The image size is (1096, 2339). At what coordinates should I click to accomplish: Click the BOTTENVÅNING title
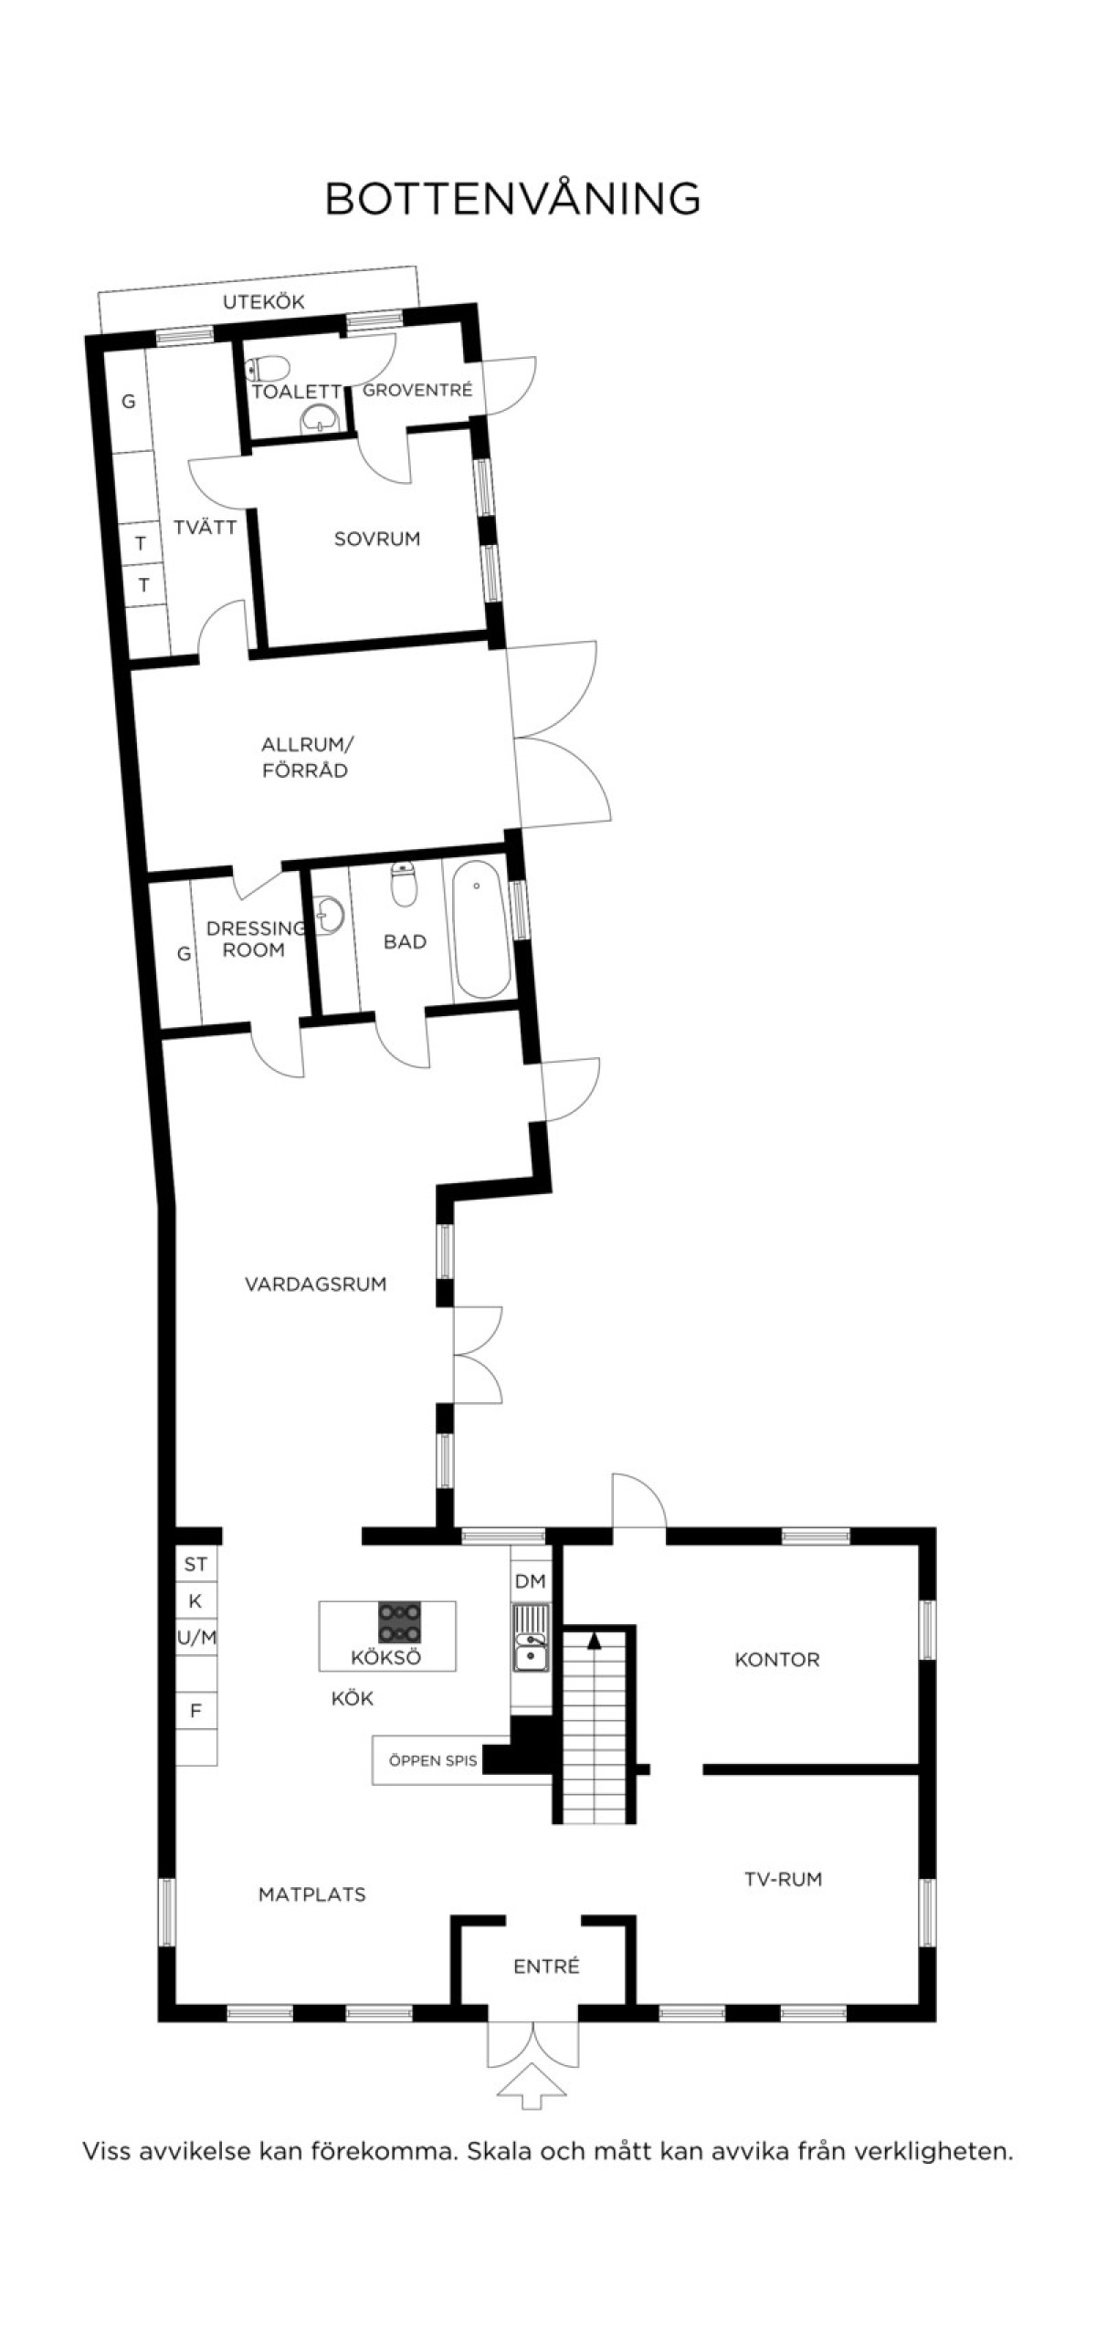(x=512, y=198)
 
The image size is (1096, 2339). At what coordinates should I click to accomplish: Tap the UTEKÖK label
(x=263, y=302)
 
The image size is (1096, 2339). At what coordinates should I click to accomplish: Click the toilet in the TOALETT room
(x=268, y=368)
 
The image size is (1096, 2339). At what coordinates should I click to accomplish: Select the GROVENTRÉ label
(x=417, y=390)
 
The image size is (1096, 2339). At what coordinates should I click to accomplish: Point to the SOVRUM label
(x=377, y=539)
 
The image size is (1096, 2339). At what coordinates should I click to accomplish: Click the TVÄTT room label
(x=205, y=527)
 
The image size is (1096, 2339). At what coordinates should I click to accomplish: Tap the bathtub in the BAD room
(x=480, y=929)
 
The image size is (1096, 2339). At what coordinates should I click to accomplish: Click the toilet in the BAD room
(x=403, y=884)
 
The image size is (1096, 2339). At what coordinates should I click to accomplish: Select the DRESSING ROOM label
(x=256, y=939)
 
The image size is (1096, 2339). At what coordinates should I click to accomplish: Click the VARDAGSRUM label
(x=315, y=1285)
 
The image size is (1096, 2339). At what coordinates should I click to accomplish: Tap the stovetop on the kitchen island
(x=399, y=1624)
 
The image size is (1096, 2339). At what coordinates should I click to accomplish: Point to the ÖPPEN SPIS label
(x=433, y=1761)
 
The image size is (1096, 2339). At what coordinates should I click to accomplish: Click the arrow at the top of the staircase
(x=594, y=1641)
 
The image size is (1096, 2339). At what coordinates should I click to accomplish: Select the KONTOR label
(x=777, y=1660)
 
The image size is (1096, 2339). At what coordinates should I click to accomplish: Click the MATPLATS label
(x=312, y=1894)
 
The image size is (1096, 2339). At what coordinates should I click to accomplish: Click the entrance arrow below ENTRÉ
(x=532, y=2088)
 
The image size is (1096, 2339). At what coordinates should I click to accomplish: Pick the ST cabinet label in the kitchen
(x=195, y=1565)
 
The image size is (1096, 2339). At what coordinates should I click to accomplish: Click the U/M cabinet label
(x=196, y=1638)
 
